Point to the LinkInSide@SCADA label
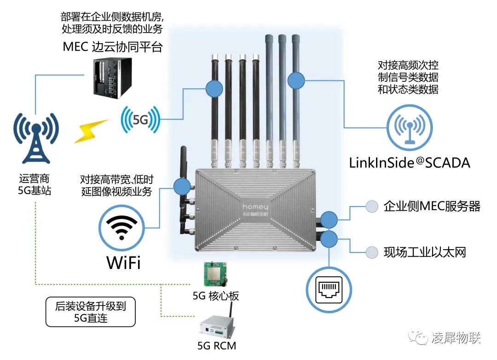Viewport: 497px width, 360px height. (410, 162)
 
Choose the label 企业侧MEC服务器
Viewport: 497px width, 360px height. (432, 206)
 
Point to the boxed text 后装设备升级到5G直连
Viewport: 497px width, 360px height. (91, 311)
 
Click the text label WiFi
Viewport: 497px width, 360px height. (123, 263)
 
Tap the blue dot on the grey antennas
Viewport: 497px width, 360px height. (295, 80)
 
